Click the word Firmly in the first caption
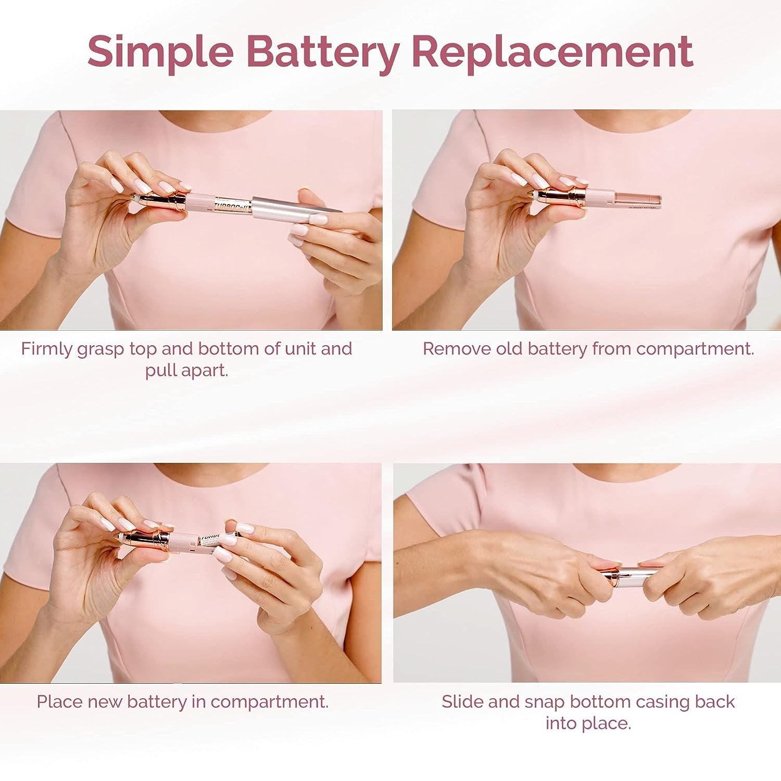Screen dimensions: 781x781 click(47, 349)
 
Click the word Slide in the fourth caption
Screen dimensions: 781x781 click(462, 702)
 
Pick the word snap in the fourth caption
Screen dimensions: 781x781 click(544, 702)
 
